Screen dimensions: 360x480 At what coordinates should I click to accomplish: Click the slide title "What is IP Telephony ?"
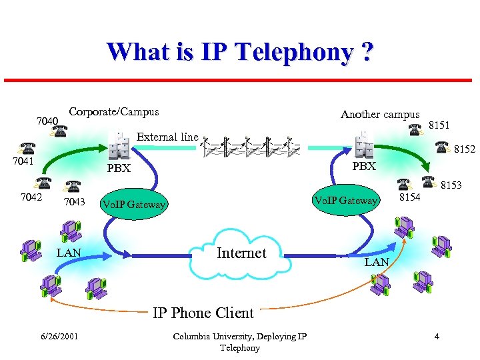(239, 52)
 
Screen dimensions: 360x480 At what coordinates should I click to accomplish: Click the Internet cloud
(241, 253)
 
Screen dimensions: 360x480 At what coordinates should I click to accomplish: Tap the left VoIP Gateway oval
(133, 204)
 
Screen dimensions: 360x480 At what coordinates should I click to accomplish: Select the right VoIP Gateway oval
(345, 200)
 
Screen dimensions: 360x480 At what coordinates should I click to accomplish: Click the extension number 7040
(47, 121)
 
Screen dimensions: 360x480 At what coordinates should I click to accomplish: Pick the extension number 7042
(31, 197)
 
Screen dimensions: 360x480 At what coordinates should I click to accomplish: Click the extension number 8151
(439, 125)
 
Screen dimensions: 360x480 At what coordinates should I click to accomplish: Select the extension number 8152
(465, 149)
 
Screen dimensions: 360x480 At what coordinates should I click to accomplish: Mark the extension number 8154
(409, 197)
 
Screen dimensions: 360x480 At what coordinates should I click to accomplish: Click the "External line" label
(167, 137)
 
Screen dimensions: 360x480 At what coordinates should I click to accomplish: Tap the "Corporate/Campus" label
(114, 111)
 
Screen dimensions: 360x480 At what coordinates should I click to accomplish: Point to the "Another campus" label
(380, 114)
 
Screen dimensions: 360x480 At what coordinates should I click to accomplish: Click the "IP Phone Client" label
(203, 313)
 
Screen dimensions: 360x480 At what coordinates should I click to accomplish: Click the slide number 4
(437, 336)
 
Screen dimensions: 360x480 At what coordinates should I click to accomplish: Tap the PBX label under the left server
(119, 168)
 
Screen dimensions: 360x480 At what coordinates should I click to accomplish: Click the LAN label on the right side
(377, 262)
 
